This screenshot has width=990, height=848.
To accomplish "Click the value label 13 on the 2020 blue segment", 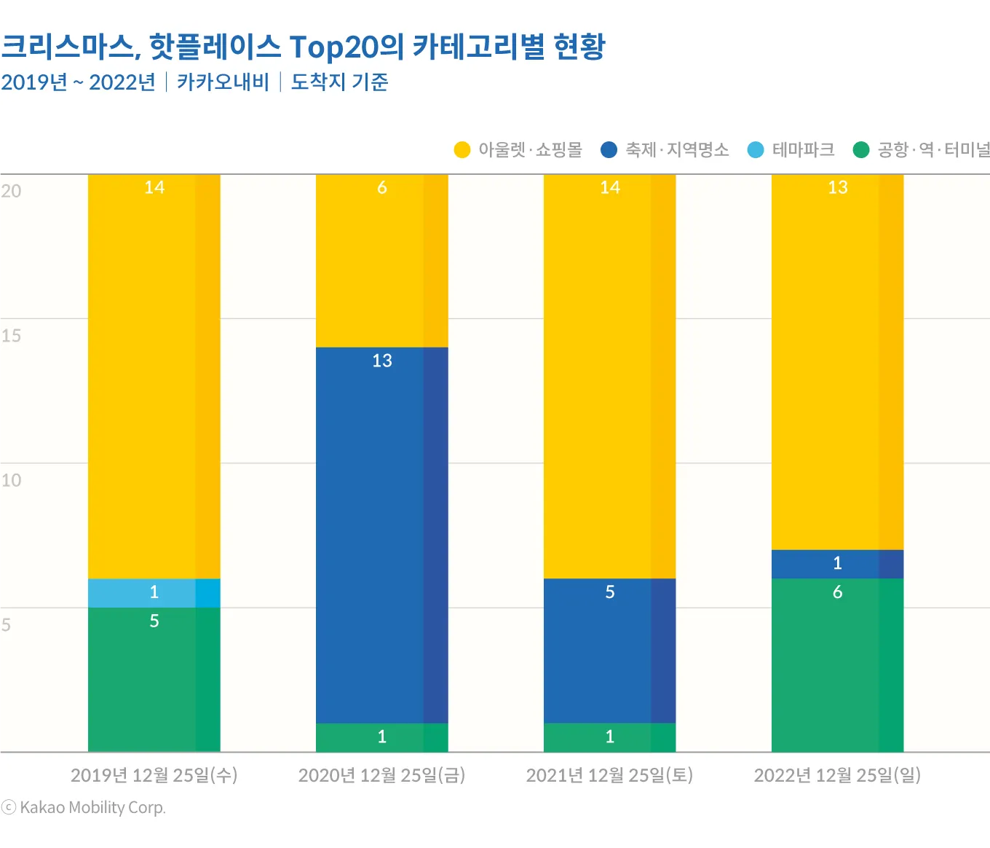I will point(381,361).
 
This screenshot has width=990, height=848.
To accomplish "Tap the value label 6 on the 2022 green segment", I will point(837,592).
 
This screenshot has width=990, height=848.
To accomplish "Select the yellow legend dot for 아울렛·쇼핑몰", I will point(462,150).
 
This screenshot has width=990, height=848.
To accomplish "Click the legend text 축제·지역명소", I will point(677,150).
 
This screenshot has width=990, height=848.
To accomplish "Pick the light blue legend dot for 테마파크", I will point(756,150).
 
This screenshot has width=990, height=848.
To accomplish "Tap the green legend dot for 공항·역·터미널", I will point(861,150).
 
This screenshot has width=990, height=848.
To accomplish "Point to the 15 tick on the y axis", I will point(11,336).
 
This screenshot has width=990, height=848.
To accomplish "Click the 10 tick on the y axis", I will point(11,480).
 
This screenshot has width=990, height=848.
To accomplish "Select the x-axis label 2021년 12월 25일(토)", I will point(609,775).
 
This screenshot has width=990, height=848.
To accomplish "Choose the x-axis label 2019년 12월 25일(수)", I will point(154,775).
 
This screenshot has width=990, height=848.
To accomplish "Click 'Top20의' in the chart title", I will point(346,47).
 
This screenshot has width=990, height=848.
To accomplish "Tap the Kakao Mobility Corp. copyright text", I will point(84,807).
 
